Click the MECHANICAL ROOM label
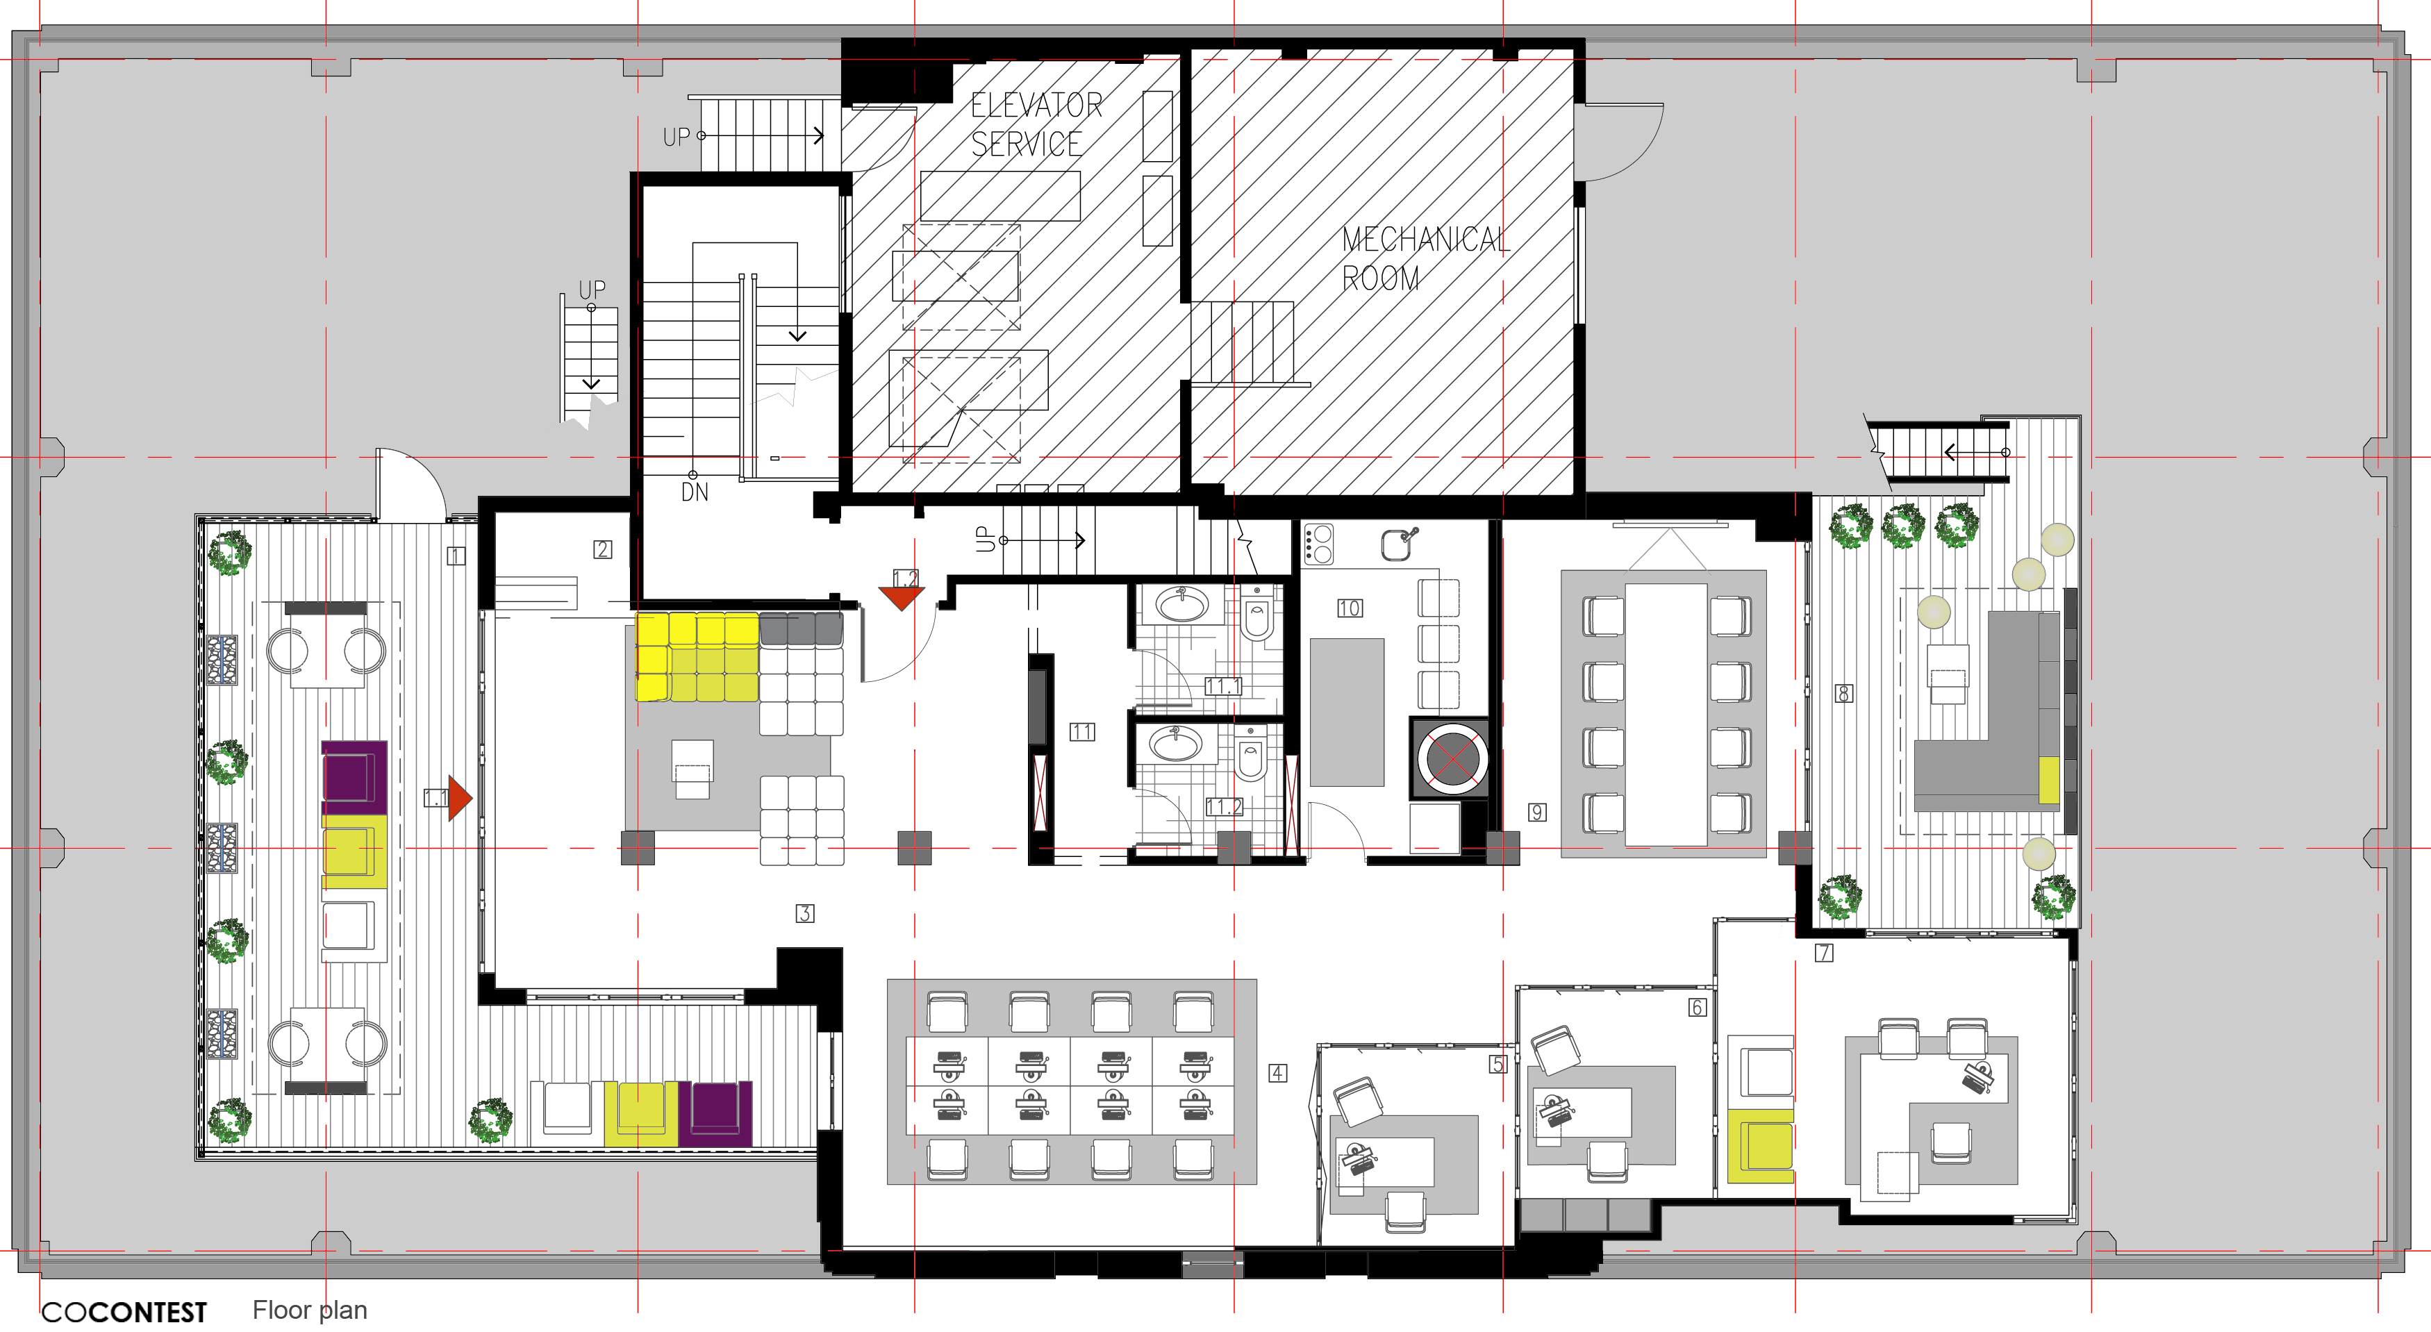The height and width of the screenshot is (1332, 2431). coord(1425,258)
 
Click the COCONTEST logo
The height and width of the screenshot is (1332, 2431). coord(124,1312)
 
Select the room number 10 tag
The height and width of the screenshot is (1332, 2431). coord(1350,608)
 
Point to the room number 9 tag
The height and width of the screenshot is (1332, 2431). coord(1537,813)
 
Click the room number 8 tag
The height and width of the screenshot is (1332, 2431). coord(1843,693)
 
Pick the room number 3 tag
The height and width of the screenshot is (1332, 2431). coord(805,913)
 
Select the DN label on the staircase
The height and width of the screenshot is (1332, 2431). coord(695,492)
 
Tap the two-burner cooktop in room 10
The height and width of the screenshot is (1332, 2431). coord(1318,544)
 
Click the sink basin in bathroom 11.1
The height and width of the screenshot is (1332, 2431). coord(1182,603)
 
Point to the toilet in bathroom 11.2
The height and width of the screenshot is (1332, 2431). coord(1250,755)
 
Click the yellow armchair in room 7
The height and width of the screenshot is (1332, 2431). coord(1760,1146)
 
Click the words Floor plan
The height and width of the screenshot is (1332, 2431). coord(310,1310)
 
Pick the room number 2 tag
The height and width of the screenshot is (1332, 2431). coord(602,549)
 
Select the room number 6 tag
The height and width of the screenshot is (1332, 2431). coord(1697,1008)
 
